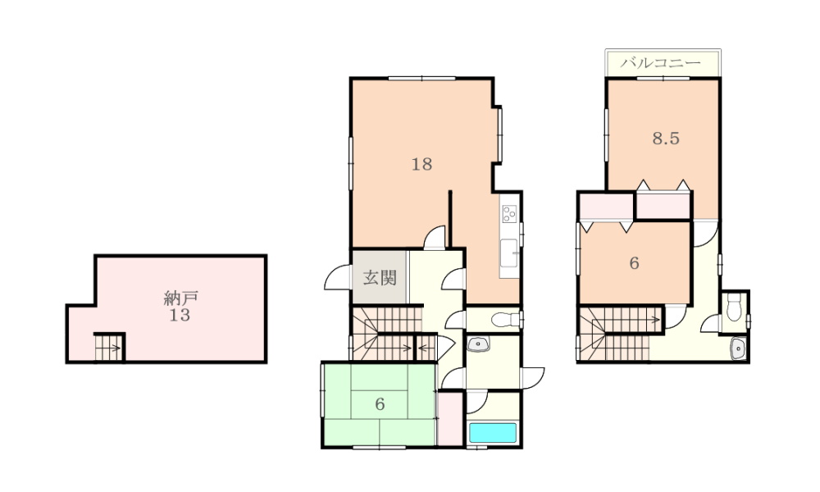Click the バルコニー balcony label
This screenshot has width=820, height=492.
tap(660, 63)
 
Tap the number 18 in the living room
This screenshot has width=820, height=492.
tap(421, 164)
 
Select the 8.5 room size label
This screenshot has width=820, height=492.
tap(666, 138)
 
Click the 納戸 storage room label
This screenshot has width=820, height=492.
tap(180, 298)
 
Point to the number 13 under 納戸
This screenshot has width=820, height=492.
tap(180, 315)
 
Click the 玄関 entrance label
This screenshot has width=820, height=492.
tap(380, 278)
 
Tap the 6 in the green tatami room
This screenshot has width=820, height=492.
tap(380, 404)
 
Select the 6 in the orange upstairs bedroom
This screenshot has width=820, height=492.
tap(634, 263)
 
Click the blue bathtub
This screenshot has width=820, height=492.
tap(493, 433)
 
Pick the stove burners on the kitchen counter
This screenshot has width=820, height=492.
tap(509, 214)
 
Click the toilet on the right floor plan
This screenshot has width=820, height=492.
tap(734, 307)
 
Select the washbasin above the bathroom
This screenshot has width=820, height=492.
tap(478, 344)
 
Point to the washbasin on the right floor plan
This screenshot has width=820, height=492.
tap(739, 348)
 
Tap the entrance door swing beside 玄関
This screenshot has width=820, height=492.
tap(337, 277)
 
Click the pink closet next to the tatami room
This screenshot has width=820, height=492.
tap(450, 418)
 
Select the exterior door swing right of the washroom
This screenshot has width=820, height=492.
tap(533, 377)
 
